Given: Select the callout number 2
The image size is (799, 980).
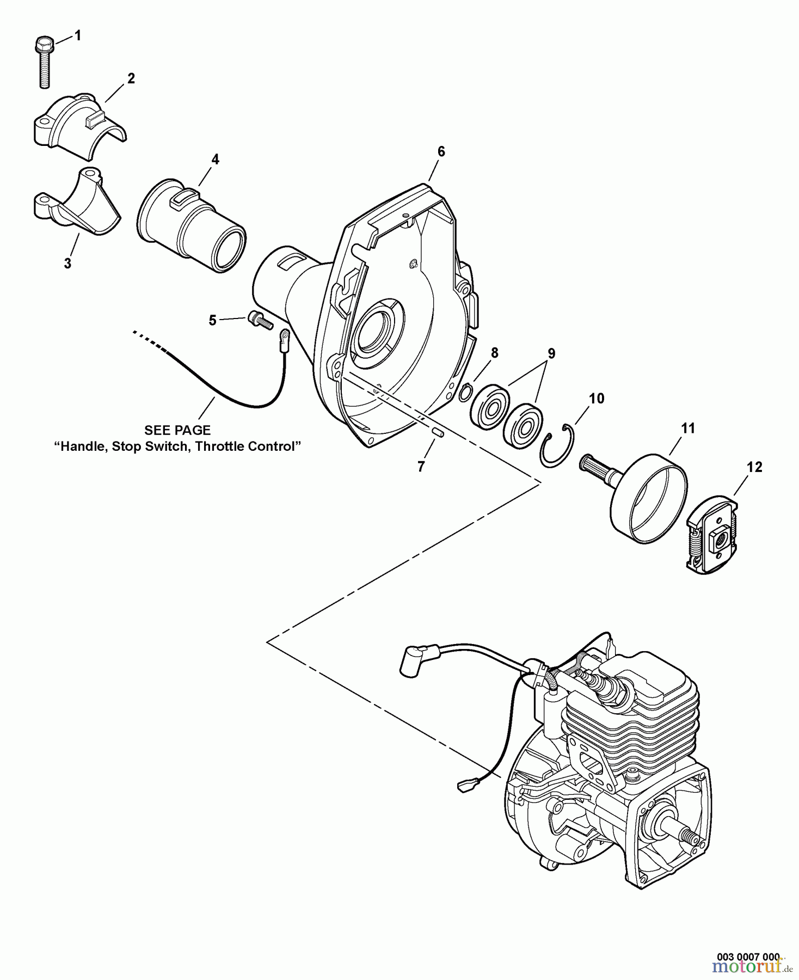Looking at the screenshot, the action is click(x=131, y=78).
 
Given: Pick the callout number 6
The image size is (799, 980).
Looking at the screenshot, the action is click(x=441, y=151).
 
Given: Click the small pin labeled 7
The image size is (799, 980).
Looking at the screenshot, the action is click(x=437, y=432).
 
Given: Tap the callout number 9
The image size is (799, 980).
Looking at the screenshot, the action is click(x=551, y=353).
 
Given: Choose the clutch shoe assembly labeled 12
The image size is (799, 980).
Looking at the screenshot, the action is click(x=713, y=533).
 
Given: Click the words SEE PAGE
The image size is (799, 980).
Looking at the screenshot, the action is click(x=177, y=430).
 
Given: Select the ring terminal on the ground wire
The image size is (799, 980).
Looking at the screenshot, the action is click(x=284, y=342).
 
